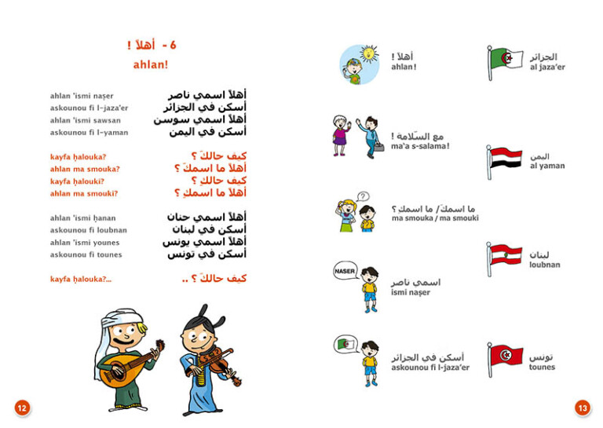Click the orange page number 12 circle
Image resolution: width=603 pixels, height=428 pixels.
pyautogui.click(x=22, y=407)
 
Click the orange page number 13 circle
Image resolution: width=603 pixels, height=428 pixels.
pyautogui.click(x=582, y=407)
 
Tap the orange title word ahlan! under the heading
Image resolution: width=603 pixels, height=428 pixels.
pyautogui.click(x=151, y=64)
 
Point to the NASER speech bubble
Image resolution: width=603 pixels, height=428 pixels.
pyautogui.click(x=345, y=271)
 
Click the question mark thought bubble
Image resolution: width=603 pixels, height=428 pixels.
pyautogui.click(x=363, y=196)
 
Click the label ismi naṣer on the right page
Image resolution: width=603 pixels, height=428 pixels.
pyautogui.click(x=411, y=293)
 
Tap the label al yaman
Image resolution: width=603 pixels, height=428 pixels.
pyautogui.click(x=547, y=166)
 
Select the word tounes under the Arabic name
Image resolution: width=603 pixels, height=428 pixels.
pyautogui.click(x=542, y=367)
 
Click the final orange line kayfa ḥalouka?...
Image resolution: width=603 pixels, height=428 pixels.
pyautogui.click(x=81, y=279)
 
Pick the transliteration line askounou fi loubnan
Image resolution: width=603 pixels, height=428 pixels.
pyautogui.click(x=88, y=230)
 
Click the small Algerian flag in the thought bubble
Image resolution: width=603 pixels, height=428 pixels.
pyautogui.click(x=345, y=343)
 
